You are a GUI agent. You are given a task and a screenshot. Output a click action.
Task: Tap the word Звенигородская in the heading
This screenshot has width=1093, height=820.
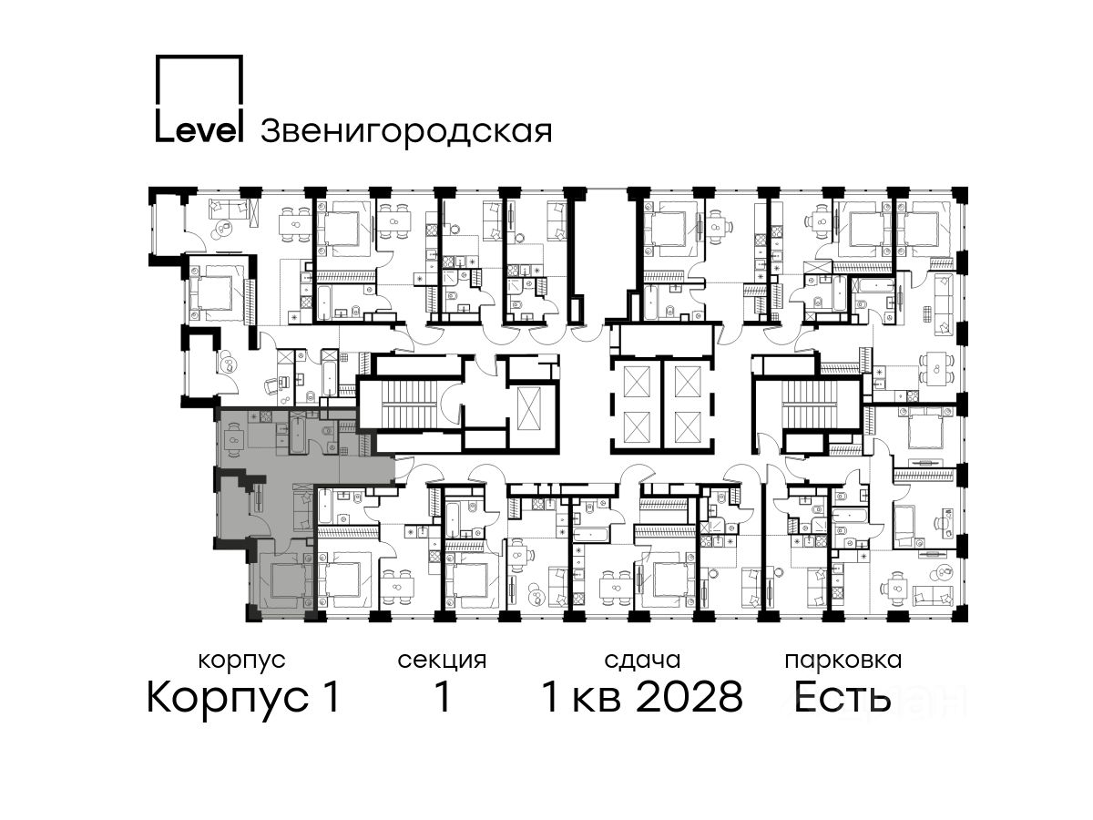click(406, 131)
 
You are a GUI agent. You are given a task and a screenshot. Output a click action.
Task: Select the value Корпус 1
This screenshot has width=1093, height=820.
click(243, 698)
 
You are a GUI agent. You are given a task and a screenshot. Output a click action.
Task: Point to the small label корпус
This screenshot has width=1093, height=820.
click(241, 661)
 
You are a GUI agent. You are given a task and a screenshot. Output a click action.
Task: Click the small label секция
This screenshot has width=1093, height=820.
click(442, 661)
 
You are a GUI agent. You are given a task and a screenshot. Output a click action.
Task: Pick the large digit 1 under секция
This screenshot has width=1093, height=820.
click(442, 697)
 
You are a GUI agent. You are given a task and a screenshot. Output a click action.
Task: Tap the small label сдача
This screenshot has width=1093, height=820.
click(642, 661)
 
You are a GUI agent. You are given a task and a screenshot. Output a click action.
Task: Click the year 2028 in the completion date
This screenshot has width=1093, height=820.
click(690, 697)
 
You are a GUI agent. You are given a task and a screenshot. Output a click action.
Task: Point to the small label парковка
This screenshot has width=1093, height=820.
click(843, 661)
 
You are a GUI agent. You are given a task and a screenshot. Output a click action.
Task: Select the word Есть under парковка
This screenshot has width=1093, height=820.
click(842, 697)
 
